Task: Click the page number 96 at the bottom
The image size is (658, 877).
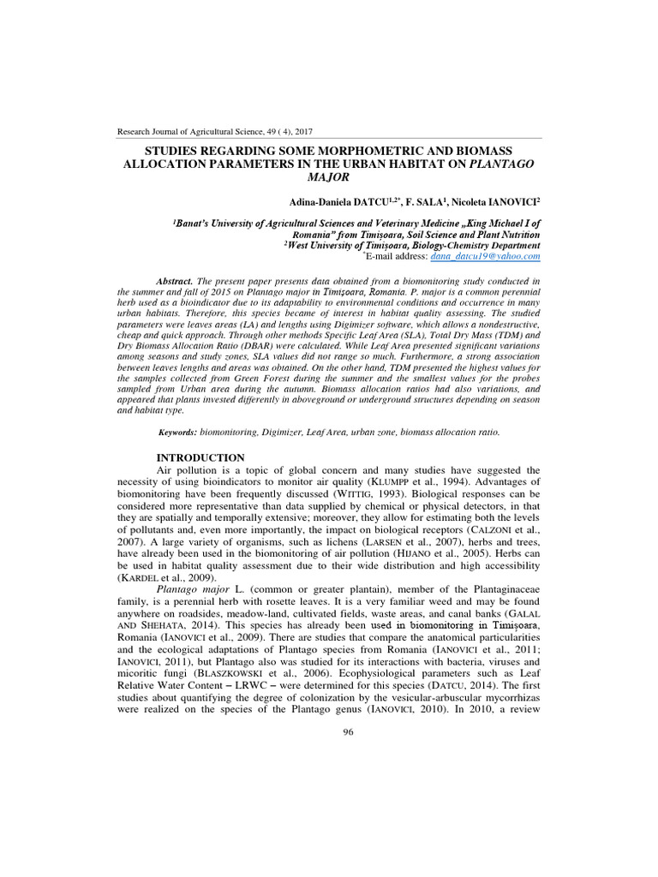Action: (348, 731)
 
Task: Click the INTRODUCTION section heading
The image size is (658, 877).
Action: (201, 457)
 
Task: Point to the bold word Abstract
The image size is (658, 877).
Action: (176, 281)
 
